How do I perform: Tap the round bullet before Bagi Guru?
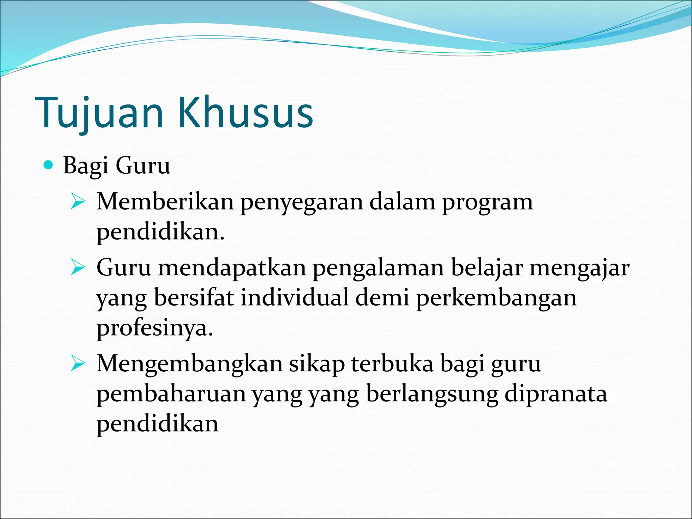(49, 165)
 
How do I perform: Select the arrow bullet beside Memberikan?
(78, 202)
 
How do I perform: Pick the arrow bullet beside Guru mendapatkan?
(78, 268)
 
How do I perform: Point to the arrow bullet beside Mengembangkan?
(78, 365)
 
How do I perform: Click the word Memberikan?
(165, 202)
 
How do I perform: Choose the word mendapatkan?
(232, 268)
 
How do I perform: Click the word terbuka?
(392, 364)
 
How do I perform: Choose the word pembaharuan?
(171, 394)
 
